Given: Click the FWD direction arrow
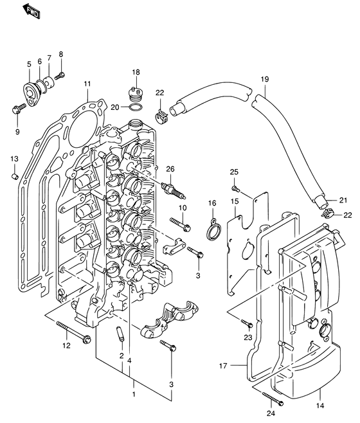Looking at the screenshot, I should point(30,12).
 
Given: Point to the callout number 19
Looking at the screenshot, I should point(264,79).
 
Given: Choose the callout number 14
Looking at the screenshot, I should point(319,407).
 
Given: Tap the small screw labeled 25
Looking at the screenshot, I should point(236,190).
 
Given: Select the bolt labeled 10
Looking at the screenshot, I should point(180,224).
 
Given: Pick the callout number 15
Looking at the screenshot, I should point(235,202).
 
